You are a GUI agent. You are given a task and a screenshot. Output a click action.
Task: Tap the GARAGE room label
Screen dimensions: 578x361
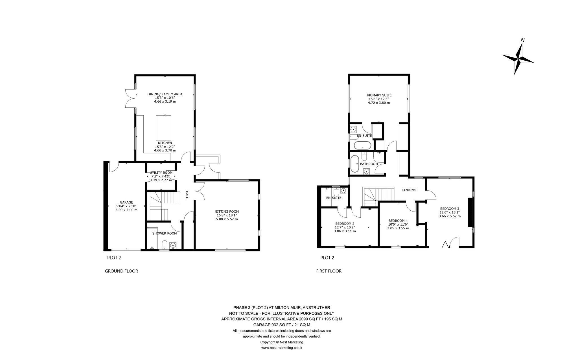point(126,202)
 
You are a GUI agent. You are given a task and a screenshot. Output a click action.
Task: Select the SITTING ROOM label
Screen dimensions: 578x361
point(227,212)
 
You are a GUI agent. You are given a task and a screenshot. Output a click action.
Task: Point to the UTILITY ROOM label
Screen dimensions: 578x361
point(161,173)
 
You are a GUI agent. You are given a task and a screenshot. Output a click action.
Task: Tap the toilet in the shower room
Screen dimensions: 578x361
point(165,245)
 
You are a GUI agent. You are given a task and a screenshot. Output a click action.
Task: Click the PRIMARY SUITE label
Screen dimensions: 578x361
point(379,95)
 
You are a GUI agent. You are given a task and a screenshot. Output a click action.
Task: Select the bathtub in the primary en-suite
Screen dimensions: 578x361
point(363,146)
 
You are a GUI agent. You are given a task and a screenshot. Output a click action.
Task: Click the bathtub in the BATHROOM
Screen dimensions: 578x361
point(355,164)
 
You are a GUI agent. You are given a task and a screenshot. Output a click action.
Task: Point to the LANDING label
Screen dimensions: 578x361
point(409,190)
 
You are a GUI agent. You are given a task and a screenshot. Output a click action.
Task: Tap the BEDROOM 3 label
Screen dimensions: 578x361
point(450,209)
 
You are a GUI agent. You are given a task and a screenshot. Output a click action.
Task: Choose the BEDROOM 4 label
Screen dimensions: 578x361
point(398,221)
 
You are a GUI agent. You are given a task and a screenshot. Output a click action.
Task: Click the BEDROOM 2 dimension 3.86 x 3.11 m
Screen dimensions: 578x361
point(345,231)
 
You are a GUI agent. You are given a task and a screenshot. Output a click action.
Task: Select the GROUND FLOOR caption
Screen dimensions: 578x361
point(121,271)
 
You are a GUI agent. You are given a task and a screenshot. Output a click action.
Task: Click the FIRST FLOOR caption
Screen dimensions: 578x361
point(329,271)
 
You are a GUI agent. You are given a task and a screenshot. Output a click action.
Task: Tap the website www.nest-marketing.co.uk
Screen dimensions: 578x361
point(282,348)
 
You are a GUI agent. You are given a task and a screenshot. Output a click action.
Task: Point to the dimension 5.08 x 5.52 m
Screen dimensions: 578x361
point(227,219)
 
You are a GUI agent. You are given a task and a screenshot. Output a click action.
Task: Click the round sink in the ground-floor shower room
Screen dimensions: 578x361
point(173,245)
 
